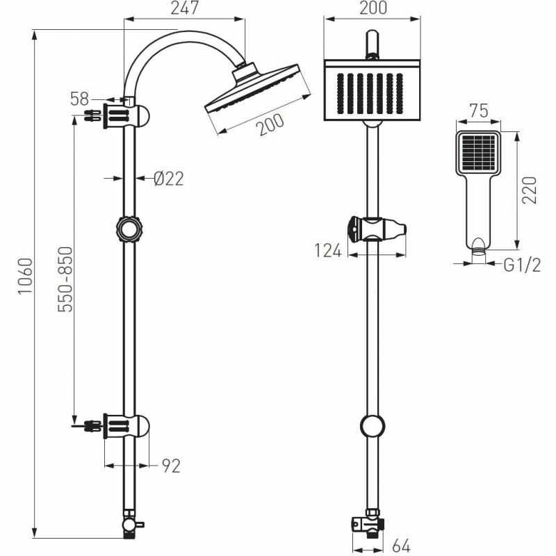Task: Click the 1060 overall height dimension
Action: point(26,276)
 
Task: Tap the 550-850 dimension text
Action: point(65,279)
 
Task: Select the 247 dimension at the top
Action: point(184,8)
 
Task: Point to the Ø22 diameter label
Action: point(169,179)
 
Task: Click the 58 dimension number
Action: point(79,99)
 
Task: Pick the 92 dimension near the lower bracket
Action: point(171,466)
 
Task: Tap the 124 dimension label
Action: point(328,251)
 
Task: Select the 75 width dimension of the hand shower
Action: point(479,111)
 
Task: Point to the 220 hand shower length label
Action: point(530,190)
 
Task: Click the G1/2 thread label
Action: point(522,265)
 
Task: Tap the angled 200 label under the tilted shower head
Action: point(271,124)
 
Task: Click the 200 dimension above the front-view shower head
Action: point(373,8)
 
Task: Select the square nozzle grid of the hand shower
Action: point(479,152)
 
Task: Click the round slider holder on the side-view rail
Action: point(129,229)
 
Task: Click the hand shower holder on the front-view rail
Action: point(377,229)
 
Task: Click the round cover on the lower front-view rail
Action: point(373,425)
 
